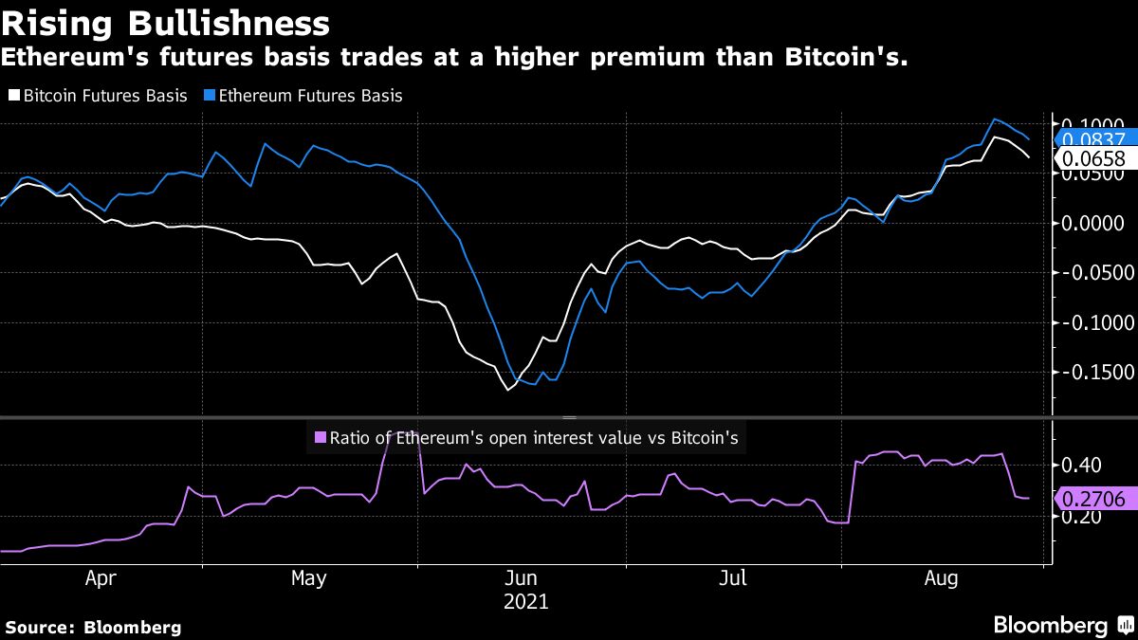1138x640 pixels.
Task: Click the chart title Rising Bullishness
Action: pos(166,23)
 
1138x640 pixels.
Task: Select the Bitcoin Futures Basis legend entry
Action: pos(99,96)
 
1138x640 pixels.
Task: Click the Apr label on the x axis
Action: pos(101,577)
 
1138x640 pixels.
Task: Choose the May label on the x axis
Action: pos(309,577)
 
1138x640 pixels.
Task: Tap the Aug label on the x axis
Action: pos(941,577)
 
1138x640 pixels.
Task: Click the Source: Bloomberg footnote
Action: pos(93,627)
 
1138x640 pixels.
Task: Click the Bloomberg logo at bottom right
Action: pos(1062,625)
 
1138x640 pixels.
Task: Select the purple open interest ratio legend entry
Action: pos(526,438)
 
